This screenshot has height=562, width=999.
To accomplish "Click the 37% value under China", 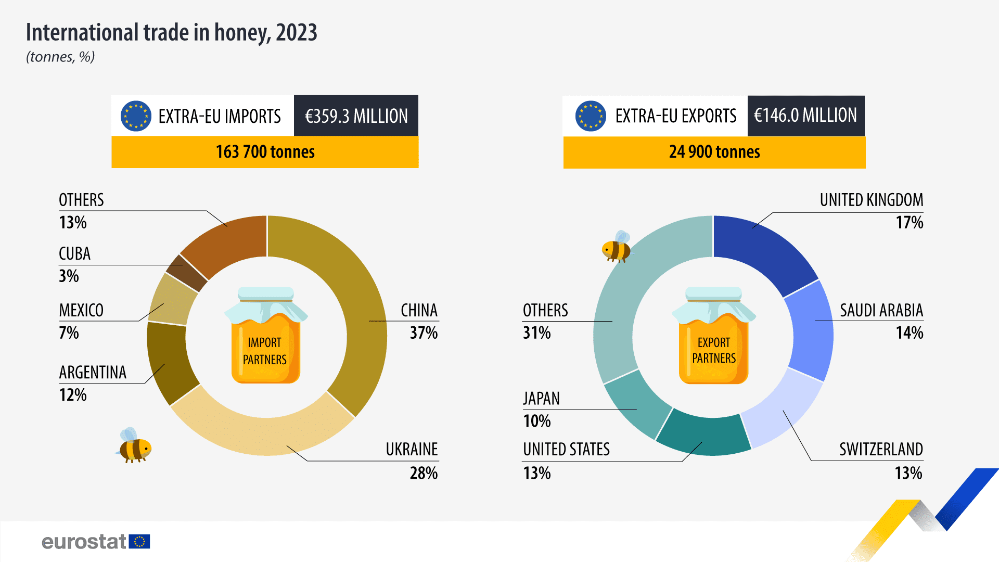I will point(424,333).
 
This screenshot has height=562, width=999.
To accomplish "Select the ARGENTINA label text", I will point(93,373).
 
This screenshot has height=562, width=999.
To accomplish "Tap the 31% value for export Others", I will point(536,333).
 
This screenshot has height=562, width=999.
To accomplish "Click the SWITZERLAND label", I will point(880,449).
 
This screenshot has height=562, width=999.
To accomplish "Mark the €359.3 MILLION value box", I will point(356,116).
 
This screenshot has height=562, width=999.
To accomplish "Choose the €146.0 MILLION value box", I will point(805,116).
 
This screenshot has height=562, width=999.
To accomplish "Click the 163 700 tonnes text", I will point(265,152).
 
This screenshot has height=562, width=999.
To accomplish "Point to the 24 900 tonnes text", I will point(714,152).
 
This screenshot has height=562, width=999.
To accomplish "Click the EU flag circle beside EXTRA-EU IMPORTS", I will point(136,116).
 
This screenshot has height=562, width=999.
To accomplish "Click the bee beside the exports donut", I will point(617,247).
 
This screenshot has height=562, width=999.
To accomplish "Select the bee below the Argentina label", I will point(134,446).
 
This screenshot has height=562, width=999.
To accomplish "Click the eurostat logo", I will point(96,542).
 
